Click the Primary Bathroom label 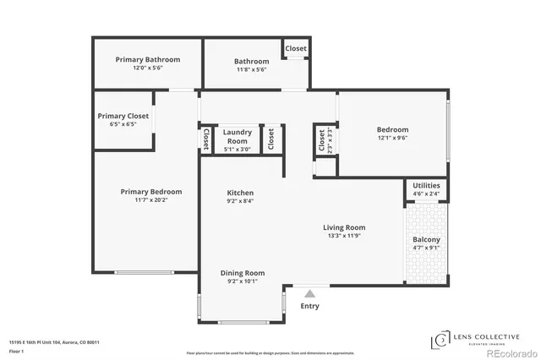(x=149, y=60)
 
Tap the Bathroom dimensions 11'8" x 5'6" (x=251, y=69)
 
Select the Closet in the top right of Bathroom (x=296, y=49)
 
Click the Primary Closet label (x=123, y=116)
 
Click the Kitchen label (x=240, y=193)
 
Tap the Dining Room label (x=243, y=273)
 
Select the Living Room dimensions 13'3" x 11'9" (x=343, y=236)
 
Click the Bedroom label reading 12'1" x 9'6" (x=392, y=129)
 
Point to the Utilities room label (x=426, y=186)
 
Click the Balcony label (x=426, y=239)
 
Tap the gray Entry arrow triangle (x=310, y=293)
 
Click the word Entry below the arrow (x=310, y=306)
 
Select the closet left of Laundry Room (x=205, y=138)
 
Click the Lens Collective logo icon (x=440, y=341)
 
